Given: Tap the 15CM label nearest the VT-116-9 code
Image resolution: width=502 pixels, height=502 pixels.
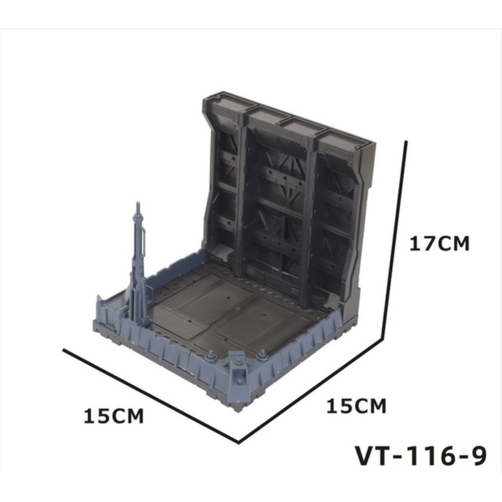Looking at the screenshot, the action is tap(356, 406).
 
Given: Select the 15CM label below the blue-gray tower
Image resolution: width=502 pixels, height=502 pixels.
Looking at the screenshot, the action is tap(114, 416).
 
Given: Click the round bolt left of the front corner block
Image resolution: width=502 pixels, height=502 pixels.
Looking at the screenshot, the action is tap(211, 355).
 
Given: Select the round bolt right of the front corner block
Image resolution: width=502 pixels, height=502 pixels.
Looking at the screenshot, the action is tap(262, 353).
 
